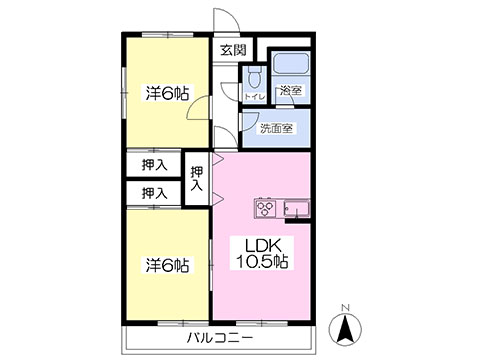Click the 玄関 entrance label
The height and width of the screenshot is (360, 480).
(x=234, y=50)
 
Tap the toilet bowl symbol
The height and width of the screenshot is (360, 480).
(x=255, y=77)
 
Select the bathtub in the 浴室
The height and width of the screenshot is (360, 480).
(x=291, y=63)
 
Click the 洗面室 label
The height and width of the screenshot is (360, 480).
(x=276, y=128)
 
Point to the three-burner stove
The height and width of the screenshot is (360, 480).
(x=265, y=208)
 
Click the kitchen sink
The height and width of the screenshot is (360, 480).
(x=297, y=209)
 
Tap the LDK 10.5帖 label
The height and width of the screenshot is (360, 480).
(x=262, y=254)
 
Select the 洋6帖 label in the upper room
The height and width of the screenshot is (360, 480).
(x=167, y=93)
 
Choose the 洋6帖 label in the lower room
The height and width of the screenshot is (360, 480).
(x=167, y=265)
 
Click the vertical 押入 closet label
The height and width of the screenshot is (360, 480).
(x=197, y=178)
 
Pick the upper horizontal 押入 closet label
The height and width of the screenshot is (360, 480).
(x=154, y=165)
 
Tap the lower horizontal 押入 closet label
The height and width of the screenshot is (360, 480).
(x=154, y=193)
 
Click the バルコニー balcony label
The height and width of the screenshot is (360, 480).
(x=220, y=338)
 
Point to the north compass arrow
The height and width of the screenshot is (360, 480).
(x=345, y=328)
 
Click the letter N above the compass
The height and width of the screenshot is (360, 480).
(x=346, y=308)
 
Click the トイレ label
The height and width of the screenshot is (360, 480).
(x=255, y=97)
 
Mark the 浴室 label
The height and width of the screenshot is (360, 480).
(x=290, y=90)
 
